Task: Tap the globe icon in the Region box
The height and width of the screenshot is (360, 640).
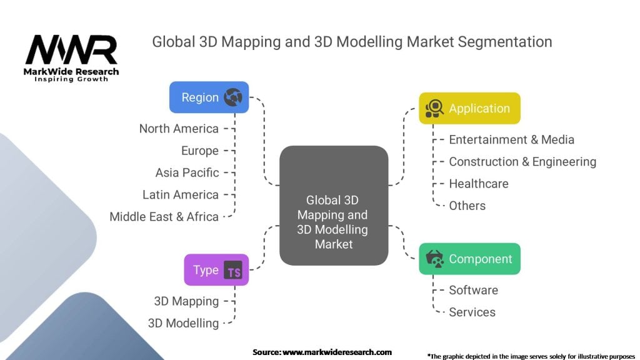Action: [x=232, y=97]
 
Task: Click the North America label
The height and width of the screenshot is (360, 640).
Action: [x=179, y=129]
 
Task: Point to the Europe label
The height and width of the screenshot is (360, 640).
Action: [x=200, y=151]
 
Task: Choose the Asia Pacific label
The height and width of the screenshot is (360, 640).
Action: [x=187, y=172]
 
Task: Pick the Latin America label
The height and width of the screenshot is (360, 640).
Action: [x=180, y=194]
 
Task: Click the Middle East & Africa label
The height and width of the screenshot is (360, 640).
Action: [x=164, y=217]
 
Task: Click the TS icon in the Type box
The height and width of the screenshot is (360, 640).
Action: [x=233, y=271]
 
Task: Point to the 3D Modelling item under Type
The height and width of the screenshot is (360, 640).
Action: [x=183, y=323]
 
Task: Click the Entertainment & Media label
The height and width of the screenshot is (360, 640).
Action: [x=511, y=140]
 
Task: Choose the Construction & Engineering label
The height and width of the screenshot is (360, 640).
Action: [x=522, y=162]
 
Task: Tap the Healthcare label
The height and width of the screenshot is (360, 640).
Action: [x=478, y=184]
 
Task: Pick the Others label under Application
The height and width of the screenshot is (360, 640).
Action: [x=467, y=206]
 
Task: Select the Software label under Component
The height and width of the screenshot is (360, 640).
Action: [x=473, y=290]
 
